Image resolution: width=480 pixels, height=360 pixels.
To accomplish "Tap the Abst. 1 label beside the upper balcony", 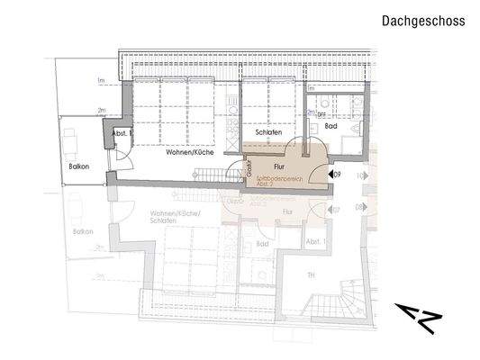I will tap(121, 133).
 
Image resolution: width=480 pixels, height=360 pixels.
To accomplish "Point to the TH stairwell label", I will tap(312, 274).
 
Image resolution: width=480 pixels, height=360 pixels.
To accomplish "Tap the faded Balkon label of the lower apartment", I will tap(84, 231).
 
